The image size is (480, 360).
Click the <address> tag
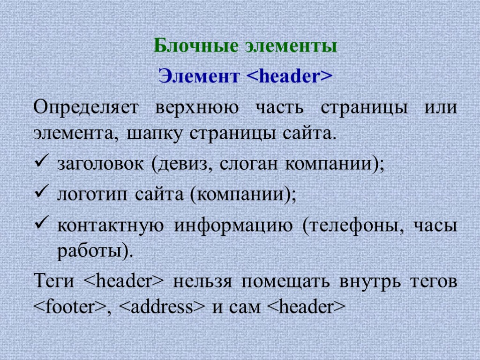(x=162, y=307)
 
